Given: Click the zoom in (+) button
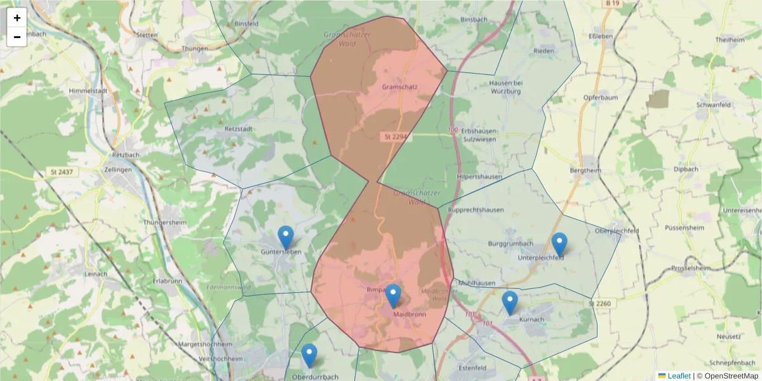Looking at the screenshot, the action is point(17,18).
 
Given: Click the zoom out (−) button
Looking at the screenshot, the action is point(17,37).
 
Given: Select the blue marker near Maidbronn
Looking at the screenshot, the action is point(393,296).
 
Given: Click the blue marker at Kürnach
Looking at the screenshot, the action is point(509,303).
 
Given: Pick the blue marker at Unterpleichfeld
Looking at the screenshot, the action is point(559,244).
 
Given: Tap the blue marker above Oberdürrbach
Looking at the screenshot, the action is point(309,356).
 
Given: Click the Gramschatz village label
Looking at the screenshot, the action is point(399,87).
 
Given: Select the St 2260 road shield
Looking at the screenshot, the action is point(599,304).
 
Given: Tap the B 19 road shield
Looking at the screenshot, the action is point(612,4).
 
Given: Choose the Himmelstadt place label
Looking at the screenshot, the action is point(87,91).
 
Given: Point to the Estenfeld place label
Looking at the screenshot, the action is point(472,368).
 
